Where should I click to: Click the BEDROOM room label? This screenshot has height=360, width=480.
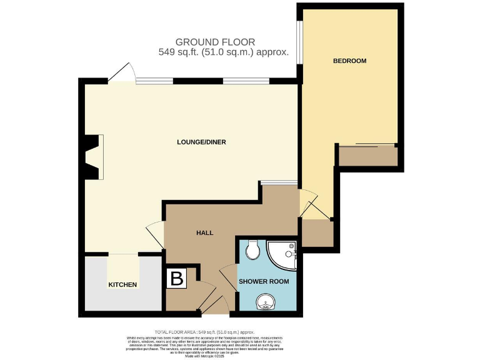coord(349,61)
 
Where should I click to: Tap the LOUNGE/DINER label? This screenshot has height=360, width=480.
coord(201,142)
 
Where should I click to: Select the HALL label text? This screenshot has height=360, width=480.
coord(205,232)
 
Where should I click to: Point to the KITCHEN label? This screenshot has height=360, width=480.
coord(122,284)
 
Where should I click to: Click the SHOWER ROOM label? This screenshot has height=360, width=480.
coord(264,281)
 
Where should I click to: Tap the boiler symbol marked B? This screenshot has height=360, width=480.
coord(177,279)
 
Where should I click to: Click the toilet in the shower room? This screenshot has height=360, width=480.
coord(253,249)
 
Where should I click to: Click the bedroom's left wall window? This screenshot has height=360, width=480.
coord(299,42)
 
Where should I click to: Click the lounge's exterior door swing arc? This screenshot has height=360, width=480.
coord(122,72)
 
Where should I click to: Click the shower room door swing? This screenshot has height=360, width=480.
coord(229,277)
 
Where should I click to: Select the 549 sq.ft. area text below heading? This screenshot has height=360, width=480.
coord(224,52)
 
